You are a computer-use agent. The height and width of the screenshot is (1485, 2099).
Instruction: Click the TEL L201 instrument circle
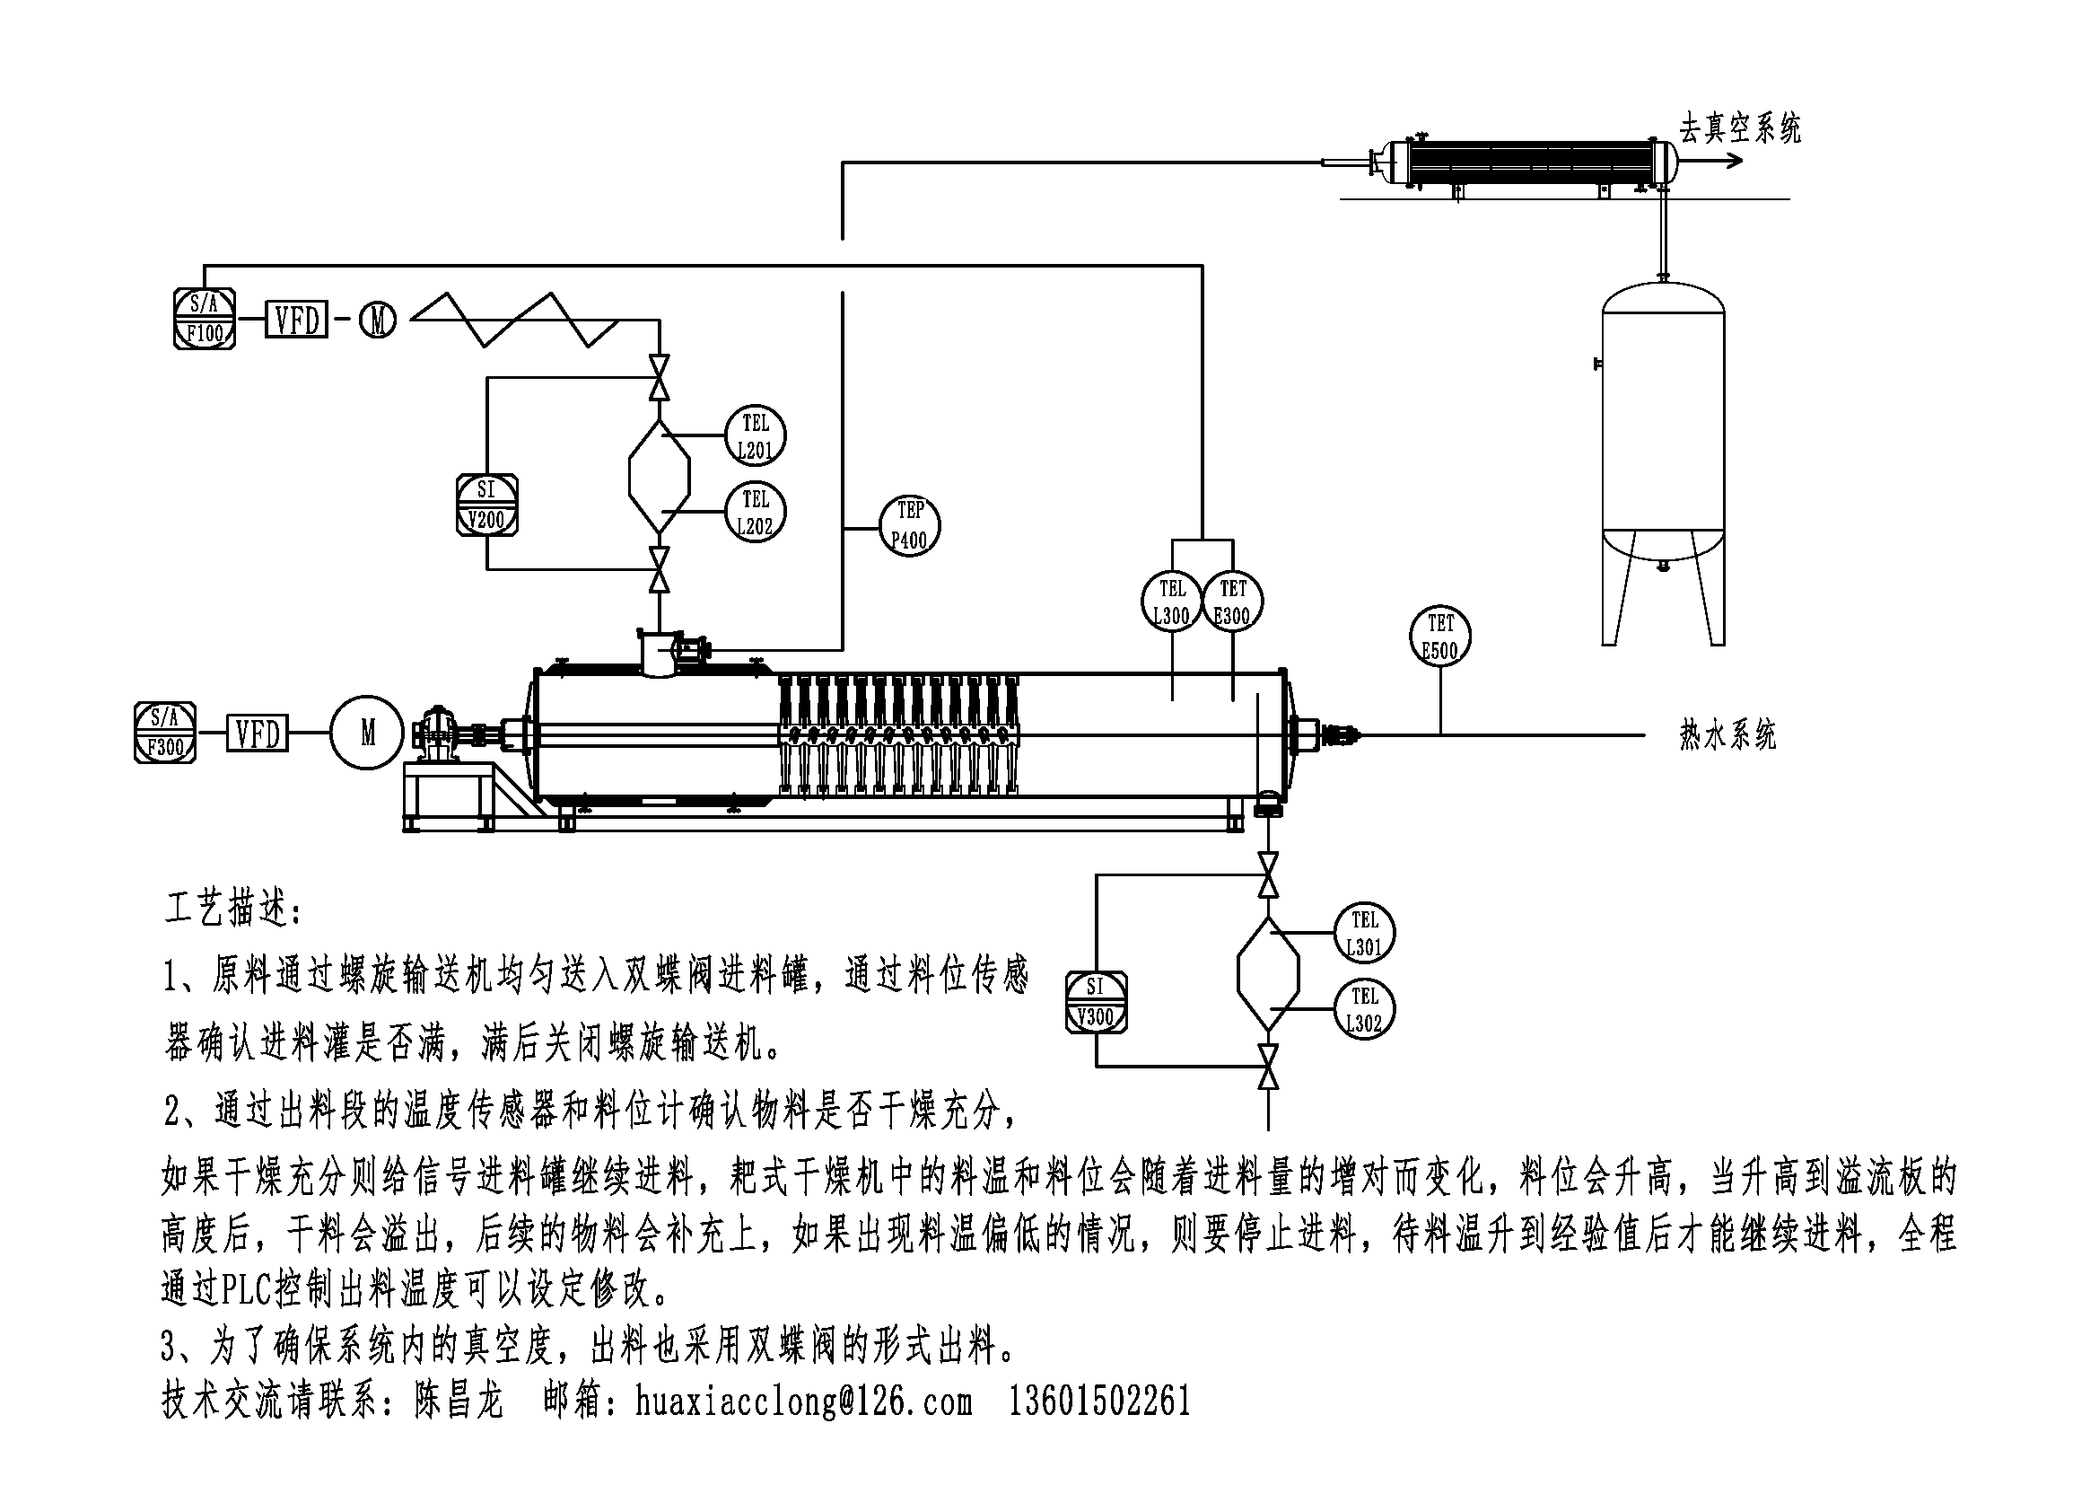(x=755, y=436)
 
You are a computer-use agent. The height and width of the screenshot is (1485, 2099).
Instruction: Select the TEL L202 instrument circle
(x=755, y=512)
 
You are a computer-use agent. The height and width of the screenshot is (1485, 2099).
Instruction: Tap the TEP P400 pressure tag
(x=910, y=526)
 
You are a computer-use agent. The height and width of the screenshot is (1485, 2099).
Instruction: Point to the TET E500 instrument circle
(x=1439, y=637)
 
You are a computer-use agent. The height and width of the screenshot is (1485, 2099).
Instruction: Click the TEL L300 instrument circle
(x=1171, y=602)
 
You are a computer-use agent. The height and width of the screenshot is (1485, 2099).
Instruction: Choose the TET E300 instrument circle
(x=1232, y=602)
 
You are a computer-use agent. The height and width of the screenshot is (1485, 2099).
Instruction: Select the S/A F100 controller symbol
(x=204, y=318)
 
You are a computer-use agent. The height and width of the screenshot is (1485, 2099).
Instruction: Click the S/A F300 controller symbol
(x=165, y=733)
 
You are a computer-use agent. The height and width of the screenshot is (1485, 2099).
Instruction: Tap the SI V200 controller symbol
(x=486, y=505)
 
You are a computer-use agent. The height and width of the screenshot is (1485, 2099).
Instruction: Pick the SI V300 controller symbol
(x=1096, y=1002)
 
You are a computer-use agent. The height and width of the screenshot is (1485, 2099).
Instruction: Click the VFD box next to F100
(x=297, y=320)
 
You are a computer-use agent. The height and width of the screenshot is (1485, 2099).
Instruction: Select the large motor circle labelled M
(x=368, y=733)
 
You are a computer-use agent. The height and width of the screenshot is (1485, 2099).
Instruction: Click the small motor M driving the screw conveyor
(x=378, y=320)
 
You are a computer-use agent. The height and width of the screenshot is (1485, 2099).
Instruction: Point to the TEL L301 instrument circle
(x=1364, y=934)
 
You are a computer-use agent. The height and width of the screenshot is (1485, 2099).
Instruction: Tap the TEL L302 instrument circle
(x=1364, y=1009)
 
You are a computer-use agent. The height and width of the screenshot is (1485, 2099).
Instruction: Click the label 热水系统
(x=1727, y=735)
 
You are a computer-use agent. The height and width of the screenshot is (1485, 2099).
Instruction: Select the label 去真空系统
(x=1739, y=129)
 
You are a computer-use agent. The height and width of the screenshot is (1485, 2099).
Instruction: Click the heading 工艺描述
(x=234, y=909)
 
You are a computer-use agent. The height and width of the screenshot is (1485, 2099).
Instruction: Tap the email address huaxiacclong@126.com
(x=804, y=1401)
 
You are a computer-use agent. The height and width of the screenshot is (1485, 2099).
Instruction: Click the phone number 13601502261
(x=1100, y=1401)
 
